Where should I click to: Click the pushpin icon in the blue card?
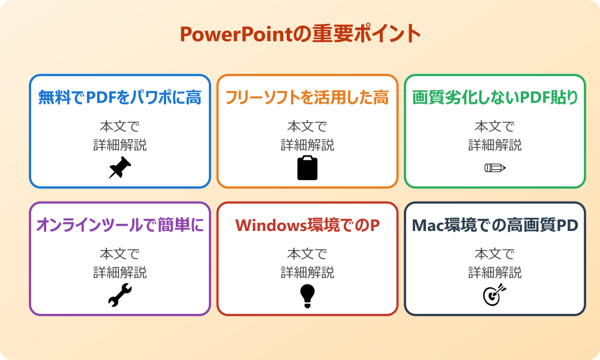pyautogui.click(x=120, y=168)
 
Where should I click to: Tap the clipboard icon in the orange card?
pyautogui.click(x=307, y=168)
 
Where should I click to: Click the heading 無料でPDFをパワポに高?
pyautogui.click(x=120, y=97)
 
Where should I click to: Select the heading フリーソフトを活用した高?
pyautogui.click(x=307, y=97)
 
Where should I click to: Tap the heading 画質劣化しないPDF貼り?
pyautogui.click(x=495, y=97)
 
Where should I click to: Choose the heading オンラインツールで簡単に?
pyautogui.click(x=120, y=225)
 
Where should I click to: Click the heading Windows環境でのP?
pyautogui.click(x=307, y=225)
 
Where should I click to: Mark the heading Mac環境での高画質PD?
pyautogui.click(x=495, y=225)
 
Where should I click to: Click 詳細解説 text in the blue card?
pyautogui.click(x=120, y=145)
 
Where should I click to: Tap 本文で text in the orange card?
pyautogui.click(x=307, y=127)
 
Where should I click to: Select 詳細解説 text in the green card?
pyautogui.click(x=495, y=145)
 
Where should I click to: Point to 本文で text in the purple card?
pyautogui.click(x=120, y=254)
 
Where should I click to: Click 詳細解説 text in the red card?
pyautogui.click(x=307, y=272)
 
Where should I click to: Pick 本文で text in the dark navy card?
pyautogui.click(x=495, y=254)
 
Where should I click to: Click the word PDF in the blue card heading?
pyautogui.click(x=102, y=97)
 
